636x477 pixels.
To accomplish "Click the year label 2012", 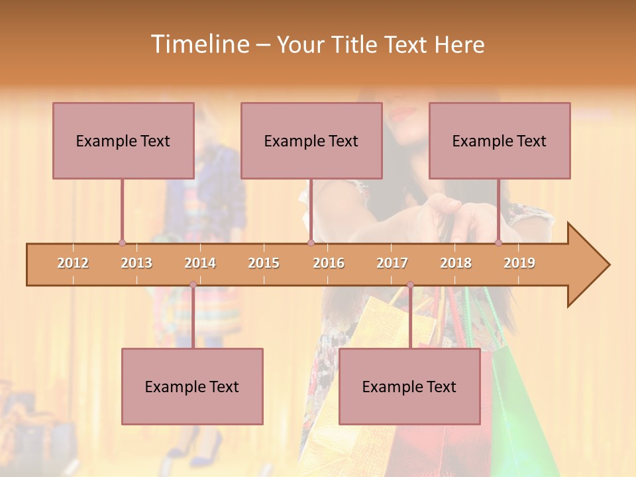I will pyautogui.click(x=73, y=263).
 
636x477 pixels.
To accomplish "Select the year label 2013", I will pyautogui.click(x=136, y=263).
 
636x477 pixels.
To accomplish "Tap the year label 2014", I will pyautogui.click(x=200, y=263).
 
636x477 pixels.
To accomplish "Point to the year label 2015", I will pyautogui.click(x=264, y=263).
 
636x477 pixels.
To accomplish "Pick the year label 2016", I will pyautogui.click(x=329, y=263).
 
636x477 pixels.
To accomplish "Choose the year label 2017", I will pyautogui.click(x=392, y=263).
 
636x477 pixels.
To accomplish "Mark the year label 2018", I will pyautogui.click(x=456, y=263).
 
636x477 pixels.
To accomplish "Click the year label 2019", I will pyautogui.click(x=519, y=263).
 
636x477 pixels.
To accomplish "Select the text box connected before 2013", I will pyautogui.click(x=123, y=140).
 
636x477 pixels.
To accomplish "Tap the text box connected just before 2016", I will pyautogui.click(x=311, y=140).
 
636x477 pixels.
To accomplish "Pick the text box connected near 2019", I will pyautogui.click(x=500, y=140).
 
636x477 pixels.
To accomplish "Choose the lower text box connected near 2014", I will pyautogui.click(x=192, y=386).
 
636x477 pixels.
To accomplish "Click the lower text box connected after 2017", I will pyautogui.click(x=409, y=386).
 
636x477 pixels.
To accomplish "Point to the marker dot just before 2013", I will pyautogui.click(x=122, y=242).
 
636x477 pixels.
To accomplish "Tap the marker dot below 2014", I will pyautogui.click(x=193, y=285).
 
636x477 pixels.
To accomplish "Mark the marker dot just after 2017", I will pyautogui.click(x=410, y=285).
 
